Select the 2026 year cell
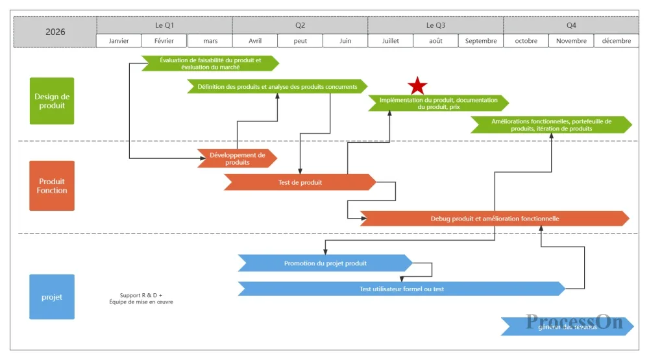click(55, 32)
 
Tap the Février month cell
click(164, 41)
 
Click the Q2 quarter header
click(300, 25)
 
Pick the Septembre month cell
click(481, 41)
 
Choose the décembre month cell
click(616, 41)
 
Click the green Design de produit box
click(52, 101)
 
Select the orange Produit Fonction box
click(52, 186)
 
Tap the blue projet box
click(52, 297)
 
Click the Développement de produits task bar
click(238, 158)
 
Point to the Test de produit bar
click(300, 182)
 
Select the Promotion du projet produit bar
click(325, 263)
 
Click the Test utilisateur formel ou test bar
click(402, 289)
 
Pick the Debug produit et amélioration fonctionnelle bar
click(495, 219)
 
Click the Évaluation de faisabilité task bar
click(210, 63)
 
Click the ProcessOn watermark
click(574, 322)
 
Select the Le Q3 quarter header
click(435, 25)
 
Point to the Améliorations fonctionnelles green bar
click(551, 125)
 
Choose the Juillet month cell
click(390, 41)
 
